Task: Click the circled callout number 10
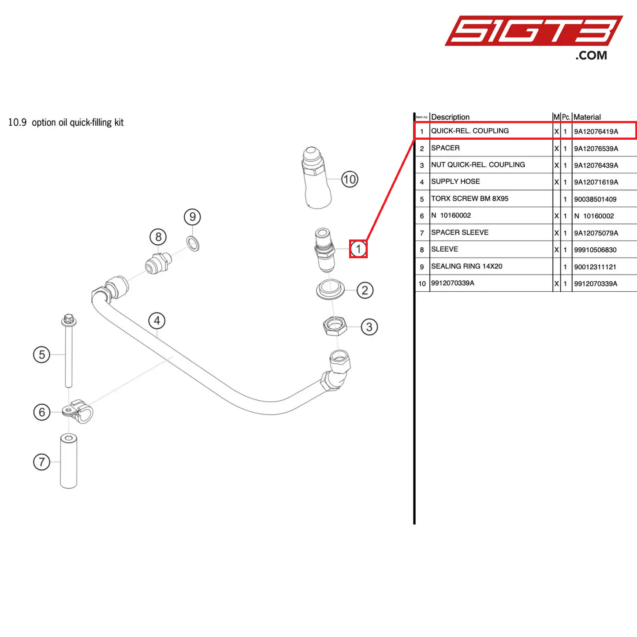(349, 179)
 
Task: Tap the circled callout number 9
(192, 217)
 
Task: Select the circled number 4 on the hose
(157, 321)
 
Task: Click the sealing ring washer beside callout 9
(193, 243)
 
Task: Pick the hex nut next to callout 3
(335, 327)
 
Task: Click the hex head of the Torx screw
(68, 319)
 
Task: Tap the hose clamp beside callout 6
(79, 411)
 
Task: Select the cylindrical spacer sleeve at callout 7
(68, 461)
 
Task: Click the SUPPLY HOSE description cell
(455, 182)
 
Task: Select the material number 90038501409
(595, 199)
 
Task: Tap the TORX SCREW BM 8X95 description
(469, 199)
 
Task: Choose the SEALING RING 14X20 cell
(466, 266)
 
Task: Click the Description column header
(450, 117)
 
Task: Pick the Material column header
(587, 117)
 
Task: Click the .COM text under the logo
(591, 56)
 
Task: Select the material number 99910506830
(595, 250)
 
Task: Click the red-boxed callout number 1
(358, 249)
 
